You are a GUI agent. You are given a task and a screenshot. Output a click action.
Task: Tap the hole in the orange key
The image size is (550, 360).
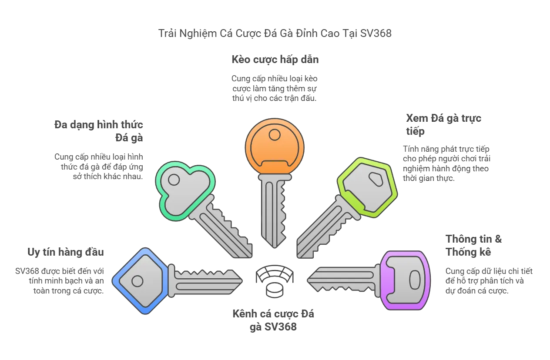point(275,134)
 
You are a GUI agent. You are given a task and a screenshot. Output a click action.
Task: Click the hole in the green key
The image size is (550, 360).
point(174,180)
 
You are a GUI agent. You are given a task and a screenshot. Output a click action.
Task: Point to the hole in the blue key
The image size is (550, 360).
point(137,281)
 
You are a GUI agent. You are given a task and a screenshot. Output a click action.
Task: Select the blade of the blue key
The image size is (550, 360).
point(205,281)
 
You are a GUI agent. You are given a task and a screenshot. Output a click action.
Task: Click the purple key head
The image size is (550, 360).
point(407,280)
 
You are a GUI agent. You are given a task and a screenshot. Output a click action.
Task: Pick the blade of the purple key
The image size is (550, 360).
point(344,280)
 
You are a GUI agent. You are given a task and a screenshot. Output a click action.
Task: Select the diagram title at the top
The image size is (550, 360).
point(275,33)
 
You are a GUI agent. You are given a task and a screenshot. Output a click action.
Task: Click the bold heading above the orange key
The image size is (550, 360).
point(275,60)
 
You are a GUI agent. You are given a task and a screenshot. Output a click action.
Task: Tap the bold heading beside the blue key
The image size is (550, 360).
point(66,251)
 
